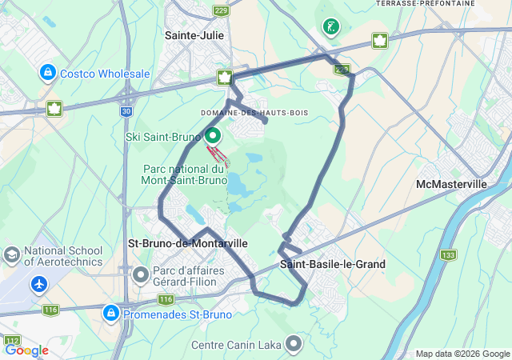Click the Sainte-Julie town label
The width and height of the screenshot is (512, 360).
(x=194, y=35)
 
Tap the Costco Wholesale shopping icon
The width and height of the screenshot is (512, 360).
(x=48, y=74)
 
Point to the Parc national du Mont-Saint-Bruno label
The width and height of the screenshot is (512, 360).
(x=185, y=175)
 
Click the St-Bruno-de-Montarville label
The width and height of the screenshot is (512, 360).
(x=188, y=242)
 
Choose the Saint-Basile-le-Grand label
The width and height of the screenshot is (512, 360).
(x=333, y=264)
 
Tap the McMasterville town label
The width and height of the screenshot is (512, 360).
(x=452, y=184)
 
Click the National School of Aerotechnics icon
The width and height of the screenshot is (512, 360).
(x=12, y=255)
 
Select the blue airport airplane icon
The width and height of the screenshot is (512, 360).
(x=39, y=284)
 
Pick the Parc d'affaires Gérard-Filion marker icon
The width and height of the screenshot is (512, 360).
(x=142, y=276)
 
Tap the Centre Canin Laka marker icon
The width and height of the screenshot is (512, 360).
(x=294, y=345)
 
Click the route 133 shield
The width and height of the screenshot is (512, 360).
(x=448, y=255)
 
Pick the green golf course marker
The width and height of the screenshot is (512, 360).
(x=330, y=27)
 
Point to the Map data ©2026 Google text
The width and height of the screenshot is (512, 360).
(x=462, y=354)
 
